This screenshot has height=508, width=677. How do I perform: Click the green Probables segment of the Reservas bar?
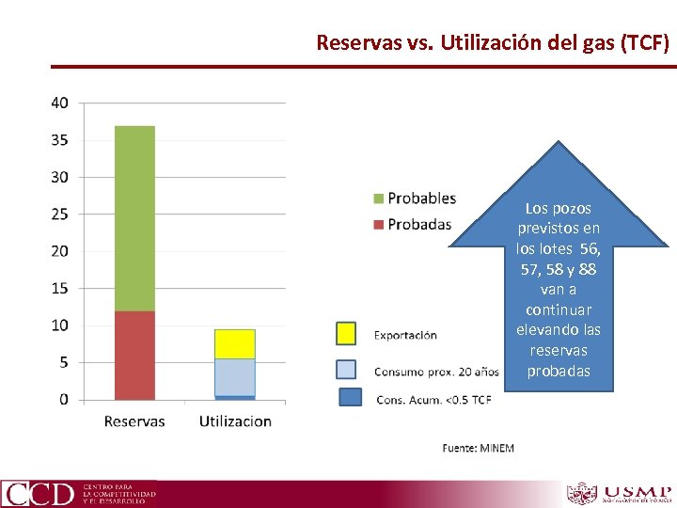[x=134, y=216]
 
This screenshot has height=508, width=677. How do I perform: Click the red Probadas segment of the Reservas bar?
[x=134, y=356]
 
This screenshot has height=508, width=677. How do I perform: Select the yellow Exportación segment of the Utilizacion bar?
[x=234, y=344]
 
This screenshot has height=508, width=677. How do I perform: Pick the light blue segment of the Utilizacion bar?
[x=234, y=377]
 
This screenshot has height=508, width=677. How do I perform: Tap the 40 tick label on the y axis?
[x=59, y=103]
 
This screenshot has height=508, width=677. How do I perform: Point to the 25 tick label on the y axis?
[x=59, y=214]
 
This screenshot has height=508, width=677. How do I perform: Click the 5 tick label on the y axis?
[x=63, y=362]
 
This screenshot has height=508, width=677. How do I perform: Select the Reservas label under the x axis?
[x=134, y=421]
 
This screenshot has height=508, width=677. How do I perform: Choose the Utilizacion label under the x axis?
[x=235, y=421]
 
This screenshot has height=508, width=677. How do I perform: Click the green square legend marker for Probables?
[x=379, y=198]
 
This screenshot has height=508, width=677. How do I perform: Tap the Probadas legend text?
[x=419, y=224]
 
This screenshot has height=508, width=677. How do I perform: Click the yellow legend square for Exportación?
[x=346, y=334]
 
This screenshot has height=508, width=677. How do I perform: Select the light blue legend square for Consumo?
[x=346, y=370]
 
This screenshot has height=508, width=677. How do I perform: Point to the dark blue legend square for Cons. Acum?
[x=350, y=398]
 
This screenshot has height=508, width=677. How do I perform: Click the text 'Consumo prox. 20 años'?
[x=436, y=371]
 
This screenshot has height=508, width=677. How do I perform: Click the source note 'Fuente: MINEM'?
[x=478, y=448]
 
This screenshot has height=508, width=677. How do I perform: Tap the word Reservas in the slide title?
[x=351, y=42]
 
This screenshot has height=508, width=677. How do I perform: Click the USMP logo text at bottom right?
[x=637, y=493]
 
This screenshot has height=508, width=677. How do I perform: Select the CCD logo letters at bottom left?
[x=39, y=494]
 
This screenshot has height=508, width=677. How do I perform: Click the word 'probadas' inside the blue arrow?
[x=559, y=371]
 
